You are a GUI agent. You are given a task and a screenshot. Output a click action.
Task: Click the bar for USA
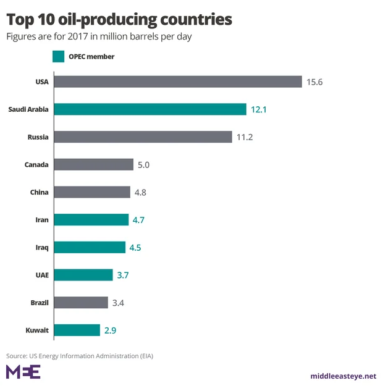coord(178,82)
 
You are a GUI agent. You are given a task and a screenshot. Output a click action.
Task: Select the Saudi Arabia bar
coord(150,109)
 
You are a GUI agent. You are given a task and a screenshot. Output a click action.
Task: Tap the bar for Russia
coord(143,137)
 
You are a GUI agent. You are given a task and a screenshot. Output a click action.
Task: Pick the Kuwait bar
coord(77,330)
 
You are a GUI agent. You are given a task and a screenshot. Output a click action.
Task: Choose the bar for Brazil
coord(81,303)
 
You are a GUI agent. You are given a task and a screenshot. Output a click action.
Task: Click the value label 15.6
coord(314,82)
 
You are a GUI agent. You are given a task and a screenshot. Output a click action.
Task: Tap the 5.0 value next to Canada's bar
coord(144,164)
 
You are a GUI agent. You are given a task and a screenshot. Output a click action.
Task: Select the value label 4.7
coord(137,219)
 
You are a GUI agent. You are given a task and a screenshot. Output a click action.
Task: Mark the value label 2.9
coord(110,330)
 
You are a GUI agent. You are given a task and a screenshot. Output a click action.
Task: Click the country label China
coord(39,192)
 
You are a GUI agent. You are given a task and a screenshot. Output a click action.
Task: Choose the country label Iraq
coord(42,247)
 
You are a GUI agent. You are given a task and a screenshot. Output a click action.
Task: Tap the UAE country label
coord(41,275)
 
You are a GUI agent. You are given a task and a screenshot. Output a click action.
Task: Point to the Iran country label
coord(42,219)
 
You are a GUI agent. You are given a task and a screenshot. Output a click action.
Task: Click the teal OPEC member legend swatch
coord(58,56)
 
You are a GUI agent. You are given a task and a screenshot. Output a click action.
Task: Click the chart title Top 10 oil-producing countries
coord(119,19)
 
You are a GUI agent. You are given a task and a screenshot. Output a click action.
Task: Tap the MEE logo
coord(23,372)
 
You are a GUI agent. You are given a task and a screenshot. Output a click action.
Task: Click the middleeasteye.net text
coord(343,376)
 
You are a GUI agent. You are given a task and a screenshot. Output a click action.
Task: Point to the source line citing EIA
coord(79,356)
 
